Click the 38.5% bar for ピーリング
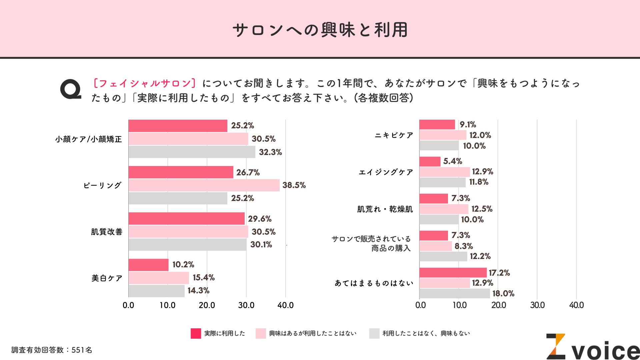[x=204, y=185]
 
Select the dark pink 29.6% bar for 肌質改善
[x=186, y=219]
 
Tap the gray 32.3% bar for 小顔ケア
[x=192, y=152]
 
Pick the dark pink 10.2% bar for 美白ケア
[x=148, y=265]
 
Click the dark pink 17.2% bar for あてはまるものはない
[x=453, y=273]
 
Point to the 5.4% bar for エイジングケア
[x=430, y=162]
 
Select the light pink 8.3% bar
[x=435, y=246]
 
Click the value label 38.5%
[x=294, y=185]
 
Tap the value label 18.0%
[x=503, y=294]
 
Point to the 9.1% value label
[x=468, y=125]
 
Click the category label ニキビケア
[x=394, y=135]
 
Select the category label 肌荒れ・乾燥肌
[x=385, y=209]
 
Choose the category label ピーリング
[x=102, y=185]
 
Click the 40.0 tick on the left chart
[x=285, y=305]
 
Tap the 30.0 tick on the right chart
[x=537, y=305]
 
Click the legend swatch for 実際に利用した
[x=196, y=333]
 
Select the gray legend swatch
[x=374, y=333]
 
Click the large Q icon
[x=71, y=89]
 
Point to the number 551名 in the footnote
[x=82, y=350]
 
